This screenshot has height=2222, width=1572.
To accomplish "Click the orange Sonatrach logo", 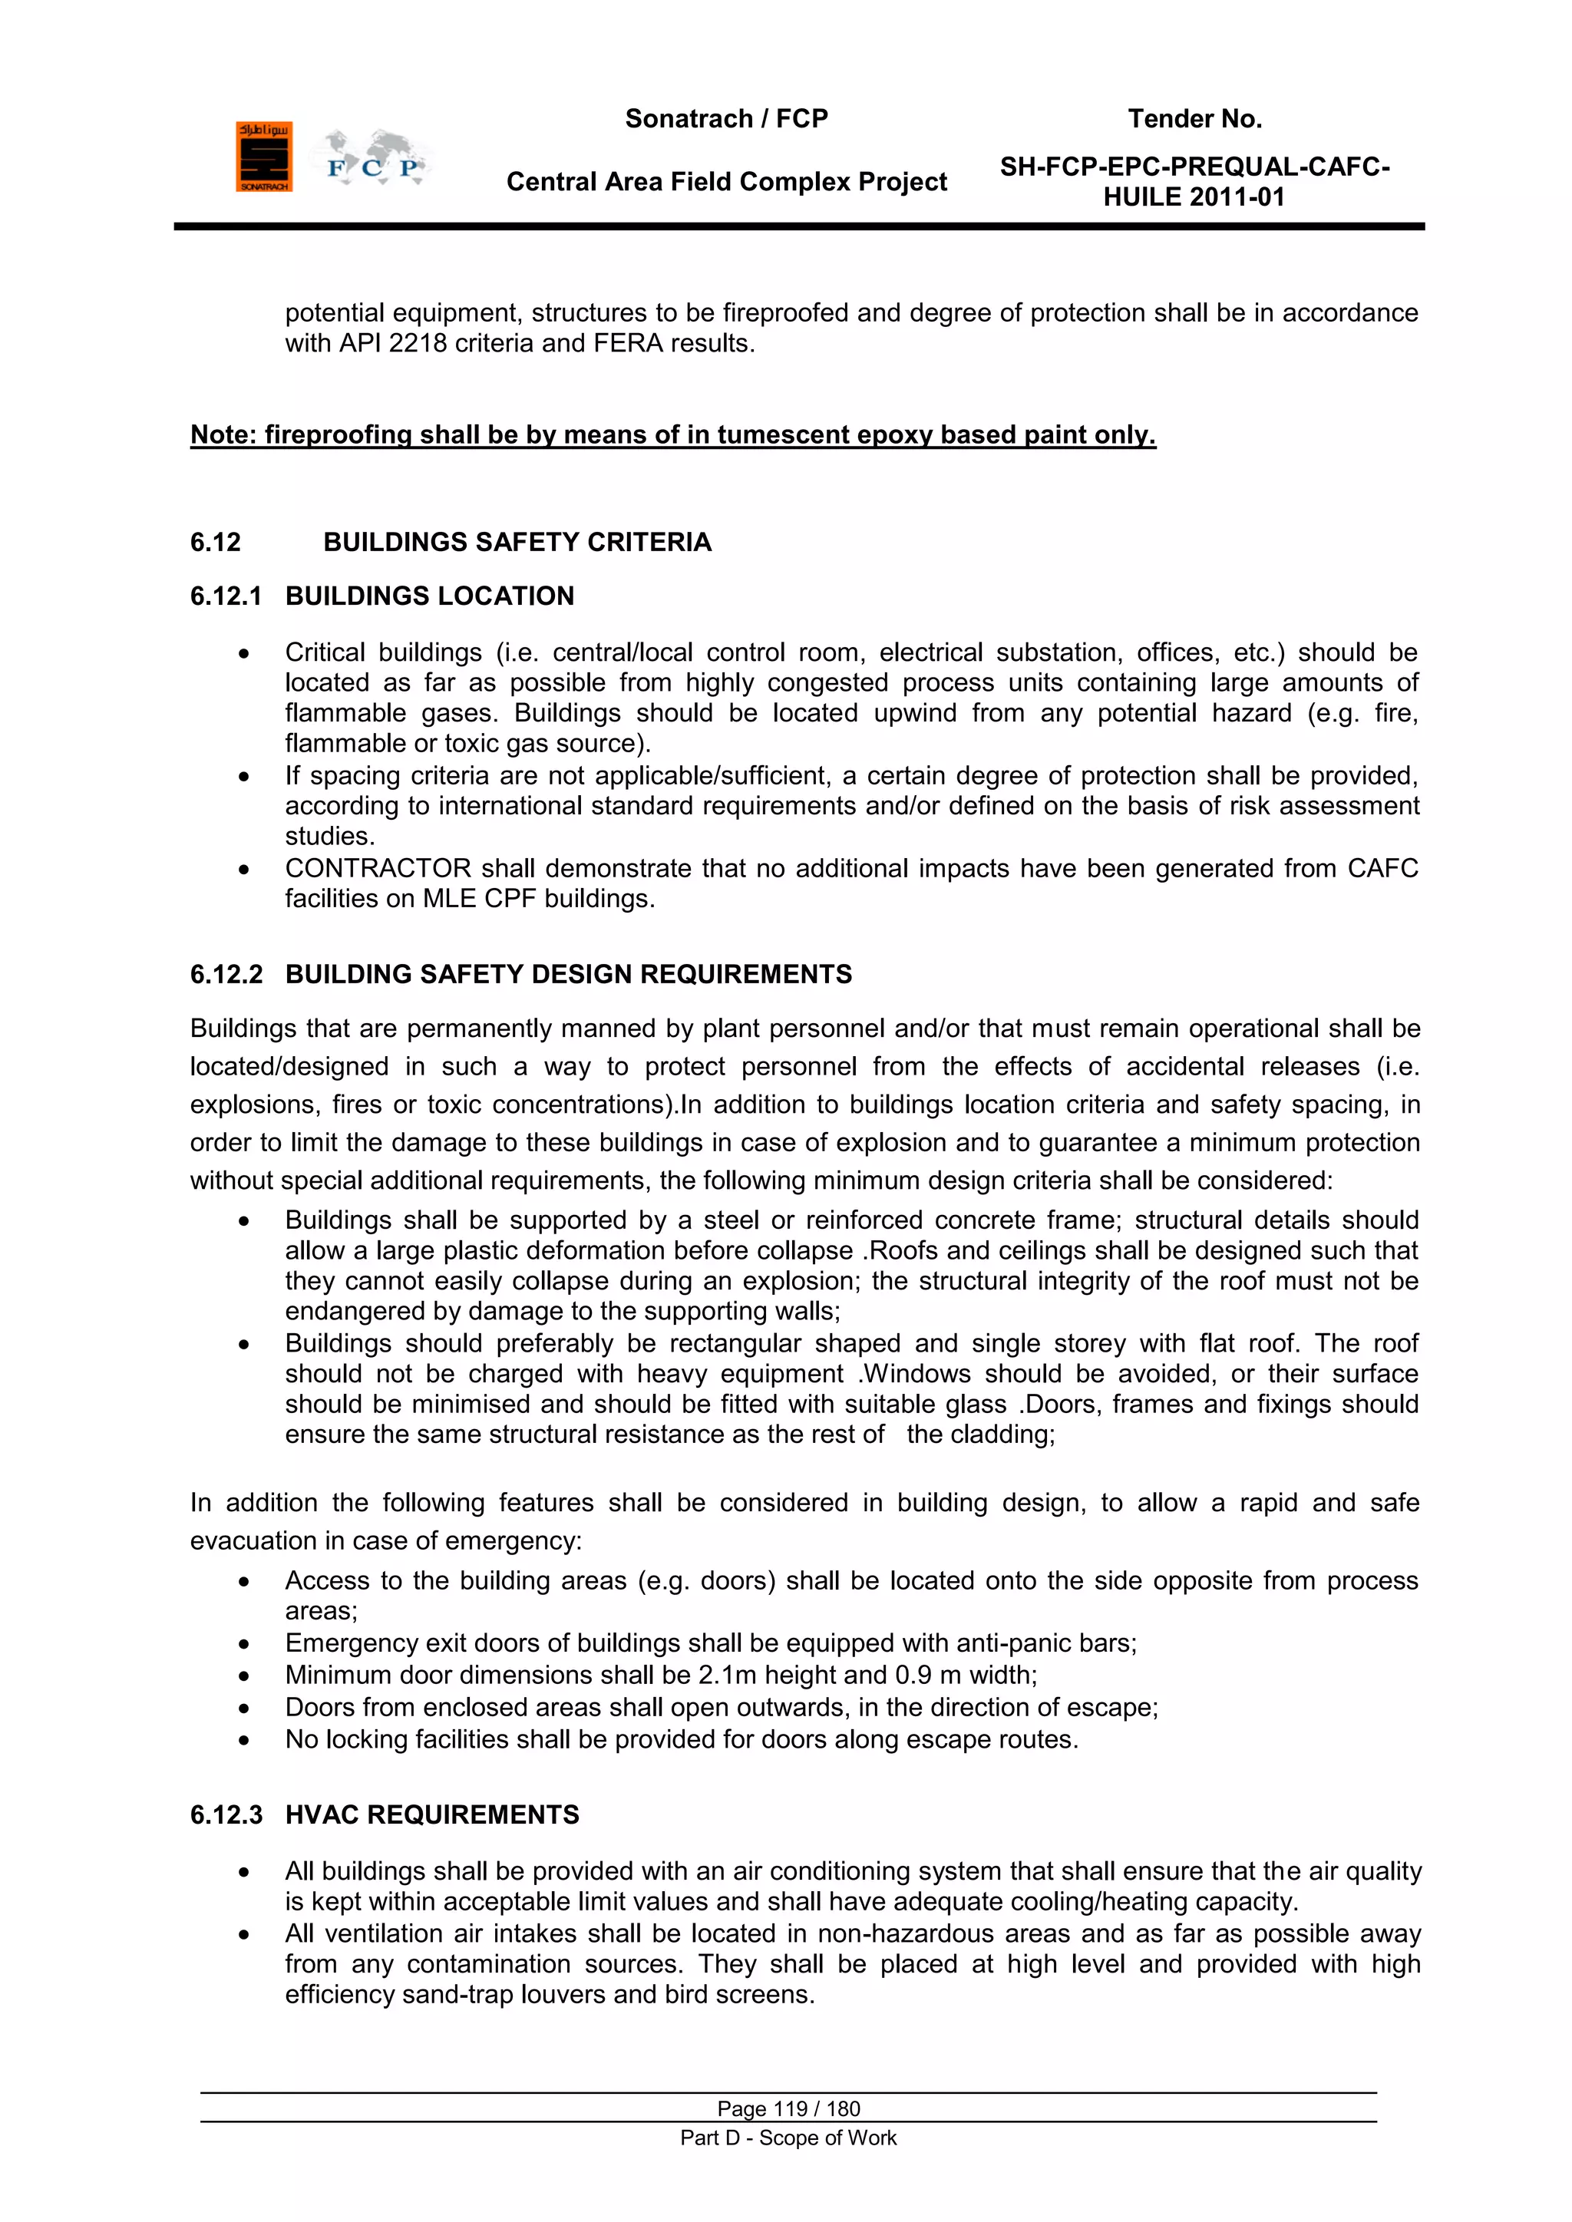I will [263, 157].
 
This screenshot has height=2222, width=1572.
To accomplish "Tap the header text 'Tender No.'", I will [1194, 119].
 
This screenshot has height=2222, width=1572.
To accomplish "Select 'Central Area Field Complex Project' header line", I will [726, 182].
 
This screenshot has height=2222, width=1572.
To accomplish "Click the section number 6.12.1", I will [226, 596].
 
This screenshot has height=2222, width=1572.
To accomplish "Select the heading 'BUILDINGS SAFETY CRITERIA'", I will [517, 542].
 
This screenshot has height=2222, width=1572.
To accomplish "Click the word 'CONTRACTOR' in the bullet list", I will [378, 868].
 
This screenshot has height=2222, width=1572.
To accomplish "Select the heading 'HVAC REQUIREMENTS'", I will [431, 1814].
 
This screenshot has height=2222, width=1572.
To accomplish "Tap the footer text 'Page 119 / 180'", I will [788, 2108].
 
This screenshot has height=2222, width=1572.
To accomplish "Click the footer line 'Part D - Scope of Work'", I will [788, 2138].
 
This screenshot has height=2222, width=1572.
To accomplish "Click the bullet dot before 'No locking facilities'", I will [244, 1740].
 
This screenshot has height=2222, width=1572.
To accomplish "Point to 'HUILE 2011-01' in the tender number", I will [1194, 197].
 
